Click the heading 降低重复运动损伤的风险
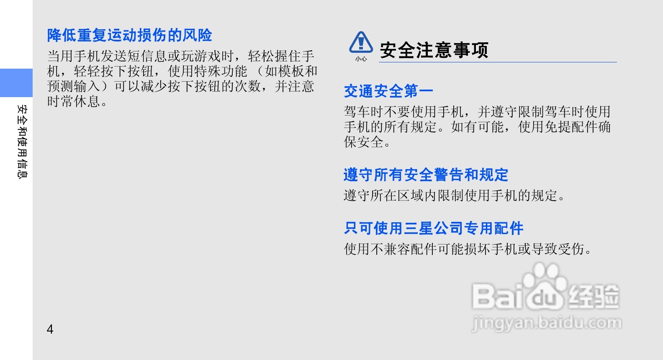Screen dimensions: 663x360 (130, 35)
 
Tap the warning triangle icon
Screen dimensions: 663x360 (361, 42)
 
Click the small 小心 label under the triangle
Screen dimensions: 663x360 (361, 59)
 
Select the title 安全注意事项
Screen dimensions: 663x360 (434, 50)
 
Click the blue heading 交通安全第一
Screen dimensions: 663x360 (388, 91)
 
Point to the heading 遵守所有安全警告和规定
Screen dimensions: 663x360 (426, 175)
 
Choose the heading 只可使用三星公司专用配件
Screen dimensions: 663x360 (434, 228)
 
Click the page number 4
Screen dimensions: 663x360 (50, 329)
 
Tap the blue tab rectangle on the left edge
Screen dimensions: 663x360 (16, 83)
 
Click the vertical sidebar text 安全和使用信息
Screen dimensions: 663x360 (22, 141)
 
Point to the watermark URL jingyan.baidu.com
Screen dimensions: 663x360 (546, 323)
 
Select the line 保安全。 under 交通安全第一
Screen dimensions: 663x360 (367, 142)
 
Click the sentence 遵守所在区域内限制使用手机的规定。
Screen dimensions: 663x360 (455, 195)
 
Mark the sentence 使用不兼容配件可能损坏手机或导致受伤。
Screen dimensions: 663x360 (468, 249)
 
